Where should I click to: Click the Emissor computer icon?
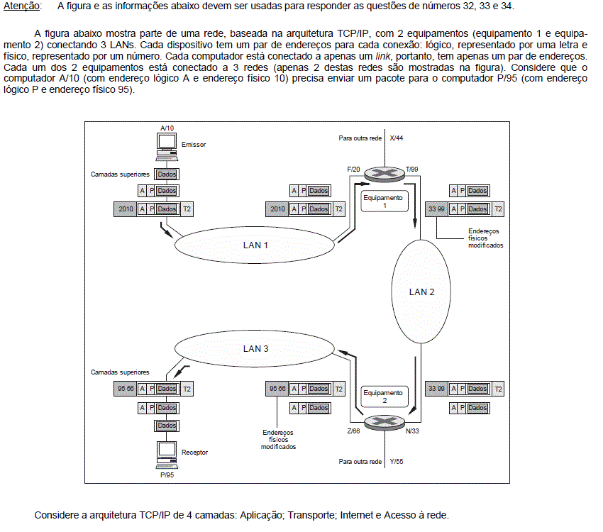(x=167, y=147)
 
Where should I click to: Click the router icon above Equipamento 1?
(x=385, y=174)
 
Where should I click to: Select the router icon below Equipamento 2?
(x=385, y=423)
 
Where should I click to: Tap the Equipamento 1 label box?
(x=385, y=201)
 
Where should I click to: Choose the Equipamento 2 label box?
(x=385, y=397)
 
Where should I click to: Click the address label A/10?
(x=167, y=128)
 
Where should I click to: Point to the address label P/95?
(x=167, y=475)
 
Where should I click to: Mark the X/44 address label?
(x=396, y=138)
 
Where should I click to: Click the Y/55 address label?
(x=396, y=462)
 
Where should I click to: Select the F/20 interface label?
(x=353, y=169)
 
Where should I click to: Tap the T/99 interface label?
(x=412, y=169)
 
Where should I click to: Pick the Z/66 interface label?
(x=353, y=431)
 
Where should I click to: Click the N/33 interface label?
(x=412, y=431)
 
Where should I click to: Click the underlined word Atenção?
(x=21, y=6)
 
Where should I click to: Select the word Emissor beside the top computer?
(x=194, y=145)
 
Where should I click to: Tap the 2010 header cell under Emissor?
(x=126, y=209)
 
